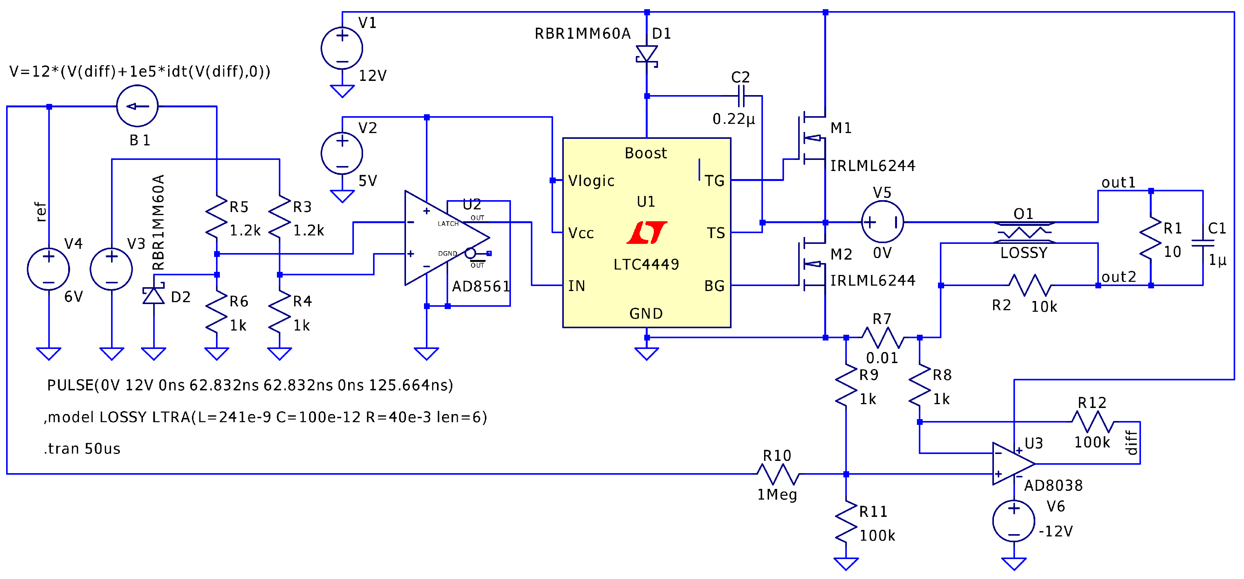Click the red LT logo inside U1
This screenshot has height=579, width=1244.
[646, 232]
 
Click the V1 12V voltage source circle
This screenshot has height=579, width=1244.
[342, 48]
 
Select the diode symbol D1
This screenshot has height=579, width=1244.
[647, 54]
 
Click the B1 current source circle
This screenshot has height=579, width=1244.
[137, 106]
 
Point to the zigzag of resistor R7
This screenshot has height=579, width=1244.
[882, 337]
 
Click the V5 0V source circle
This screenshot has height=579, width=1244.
[882, 222]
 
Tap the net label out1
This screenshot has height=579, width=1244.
[1118, 183]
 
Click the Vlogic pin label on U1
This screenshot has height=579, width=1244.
[591, 181]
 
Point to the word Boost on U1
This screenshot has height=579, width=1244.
[646, 153]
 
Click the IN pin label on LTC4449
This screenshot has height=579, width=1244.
[576, 286]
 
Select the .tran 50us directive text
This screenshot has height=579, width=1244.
[82, 449]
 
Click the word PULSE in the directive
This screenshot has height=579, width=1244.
[70, 385]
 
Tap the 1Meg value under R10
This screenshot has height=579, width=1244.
[776, 494]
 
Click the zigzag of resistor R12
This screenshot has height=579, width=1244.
[1092, 421]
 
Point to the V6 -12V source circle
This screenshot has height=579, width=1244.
[1014, 521]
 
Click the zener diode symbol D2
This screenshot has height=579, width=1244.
[154, 295]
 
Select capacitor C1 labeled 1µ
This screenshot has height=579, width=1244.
[1203, 243]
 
